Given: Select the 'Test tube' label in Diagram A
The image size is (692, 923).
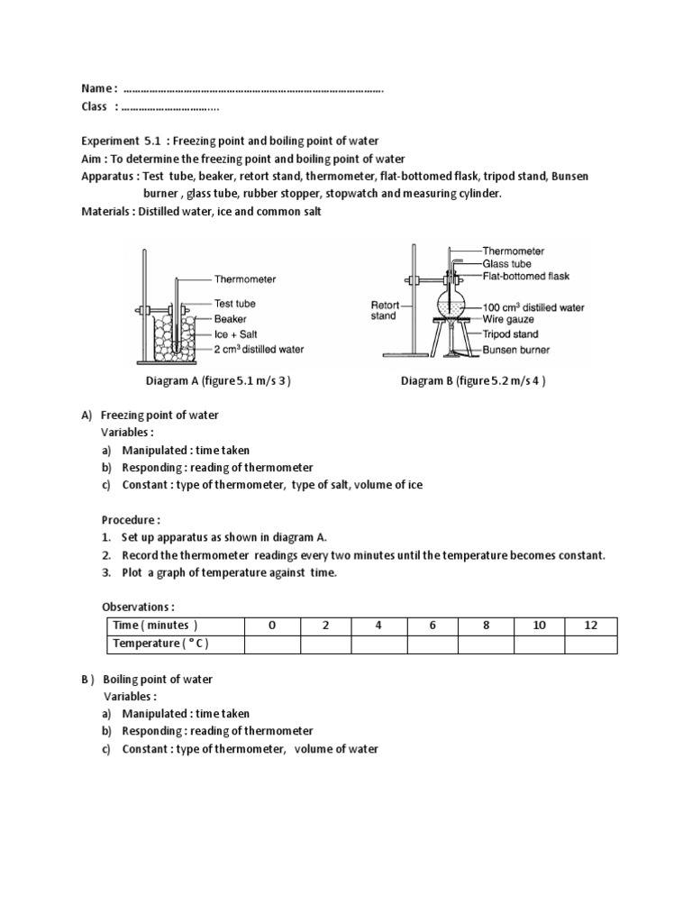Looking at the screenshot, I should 235,304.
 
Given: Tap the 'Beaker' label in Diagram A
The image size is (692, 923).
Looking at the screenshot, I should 231,319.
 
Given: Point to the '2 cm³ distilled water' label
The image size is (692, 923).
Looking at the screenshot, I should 259,350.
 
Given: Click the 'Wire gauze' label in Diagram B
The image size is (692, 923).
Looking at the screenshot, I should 508,320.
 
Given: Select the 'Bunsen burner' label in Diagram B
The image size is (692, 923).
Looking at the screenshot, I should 517,350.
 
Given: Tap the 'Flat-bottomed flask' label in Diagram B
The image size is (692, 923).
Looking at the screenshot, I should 525,276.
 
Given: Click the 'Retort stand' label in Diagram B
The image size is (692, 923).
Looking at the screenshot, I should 385,311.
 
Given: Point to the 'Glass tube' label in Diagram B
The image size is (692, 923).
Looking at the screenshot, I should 506,263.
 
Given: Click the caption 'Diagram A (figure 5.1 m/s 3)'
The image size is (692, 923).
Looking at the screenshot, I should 218,381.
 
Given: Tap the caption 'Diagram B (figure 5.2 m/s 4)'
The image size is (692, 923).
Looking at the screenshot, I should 474,381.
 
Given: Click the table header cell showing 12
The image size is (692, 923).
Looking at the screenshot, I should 591,626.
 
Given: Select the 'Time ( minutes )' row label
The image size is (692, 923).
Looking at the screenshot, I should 154,626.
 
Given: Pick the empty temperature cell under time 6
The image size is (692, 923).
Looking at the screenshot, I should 432,644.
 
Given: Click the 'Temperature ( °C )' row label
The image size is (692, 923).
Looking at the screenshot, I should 161,644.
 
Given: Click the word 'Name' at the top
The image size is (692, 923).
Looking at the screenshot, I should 96,88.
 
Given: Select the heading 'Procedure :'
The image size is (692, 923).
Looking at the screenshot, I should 131,520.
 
